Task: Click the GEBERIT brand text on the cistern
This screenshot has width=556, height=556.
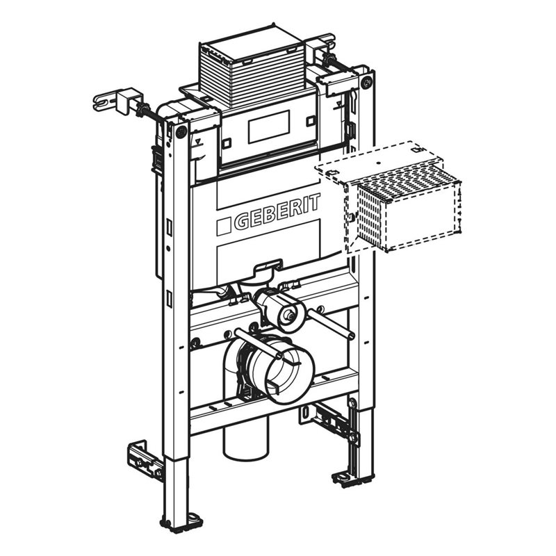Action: point(277,212)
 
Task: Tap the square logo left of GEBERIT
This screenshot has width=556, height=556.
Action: point(224,227)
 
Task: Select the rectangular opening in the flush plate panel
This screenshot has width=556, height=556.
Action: point(269,126)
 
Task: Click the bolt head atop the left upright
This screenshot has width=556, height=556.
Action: point(181,133)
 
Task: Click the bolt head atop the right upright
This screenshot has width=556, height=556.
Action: point(367,82)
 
